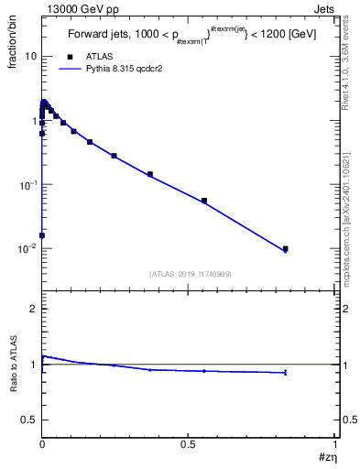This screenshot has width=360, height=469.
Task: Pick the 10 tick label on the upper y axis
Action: (30, 56)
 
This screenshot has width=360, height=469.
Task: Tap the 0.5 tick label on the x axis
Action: (189, 444)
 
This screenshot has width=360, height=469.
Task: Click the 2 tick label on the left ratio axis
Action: (33, 309)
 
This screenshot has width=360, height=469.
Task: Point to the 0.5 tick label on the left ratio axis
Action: (29, 420)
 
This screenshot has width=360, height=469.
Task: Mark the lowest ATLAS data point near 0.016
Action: (42, 235)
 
